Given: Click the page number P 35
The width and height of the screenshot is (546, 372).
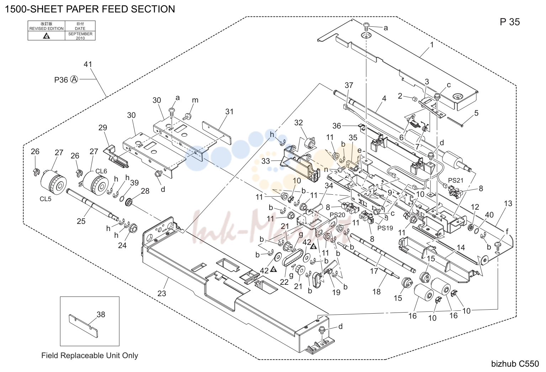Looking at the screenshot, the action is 510,22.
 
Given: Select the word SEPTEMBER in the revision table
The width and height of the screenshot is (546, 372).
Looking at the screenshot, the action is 80,34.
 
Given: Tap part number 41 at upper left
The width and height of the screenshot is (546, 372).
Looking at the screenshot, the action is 88,64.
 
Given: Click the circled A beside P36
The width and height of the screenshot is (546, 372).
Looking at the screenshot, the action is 74,79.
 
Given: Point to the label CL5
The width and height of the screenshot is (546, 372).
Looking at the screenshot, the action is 46,199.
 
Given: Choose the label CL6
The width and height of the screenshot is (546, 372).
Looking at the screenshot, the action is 101,171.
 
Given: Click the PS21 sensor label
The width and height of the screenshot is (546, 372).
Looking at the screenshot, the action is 456,180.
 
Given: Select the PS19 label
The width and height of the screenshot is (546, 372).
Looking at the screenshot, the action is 385,228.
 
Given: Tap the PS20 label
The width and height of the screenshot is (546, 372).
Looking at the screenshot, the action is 337,215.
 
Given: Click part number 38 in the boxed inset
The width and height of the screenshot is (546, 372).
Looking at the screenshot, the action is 101,314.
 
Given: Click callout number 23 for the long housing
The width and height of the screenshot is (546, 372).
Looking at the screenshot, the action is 161,293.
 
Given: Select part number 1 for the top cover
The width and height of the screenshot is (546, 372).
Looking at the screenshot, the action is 432,45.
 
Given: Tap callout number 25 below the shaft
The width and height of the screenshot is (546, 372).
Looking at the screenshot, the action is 81,221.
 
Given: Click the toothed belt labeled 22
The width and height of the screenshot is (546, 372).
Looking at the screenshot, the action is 292,258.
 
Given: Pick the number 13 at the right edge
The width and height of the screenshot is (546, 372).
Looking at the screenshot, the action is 508,203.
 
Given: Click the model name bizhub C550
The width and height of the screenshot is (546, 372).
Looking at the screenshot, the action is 515,364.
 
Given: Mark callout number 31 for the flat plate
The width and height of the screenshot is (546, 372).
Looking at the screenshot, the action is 229,111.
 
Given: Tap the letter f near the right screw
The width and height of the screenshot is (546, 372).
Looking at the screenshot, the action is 507,231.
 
